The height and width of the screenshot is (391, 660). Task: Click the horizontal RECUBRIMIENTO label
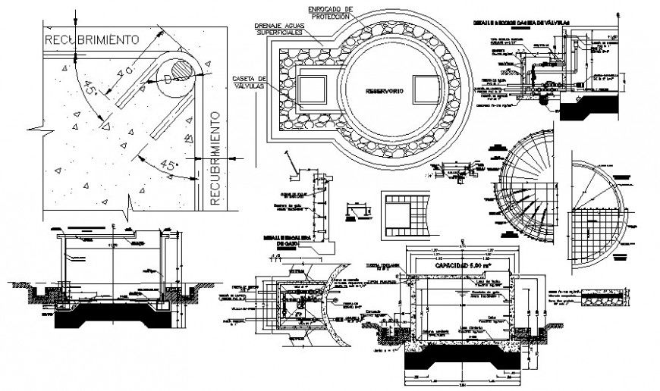coord(90,38)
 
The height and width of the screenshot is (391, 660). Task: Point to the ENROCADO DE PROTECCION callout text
coord(328,11)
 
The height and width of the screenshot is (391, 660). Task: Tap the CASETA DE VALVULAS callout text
coord(251,82)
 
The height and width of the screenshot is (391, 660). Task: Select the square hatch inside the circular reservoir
coord(425,88)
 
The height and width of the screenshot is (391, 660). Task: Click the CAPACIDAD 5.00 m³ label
coord(456,267)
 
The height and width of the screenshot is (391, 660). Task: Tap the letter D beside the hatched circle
coord(168,79)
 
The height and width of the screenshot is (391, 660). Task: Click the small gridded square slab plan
coord(407,214)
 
